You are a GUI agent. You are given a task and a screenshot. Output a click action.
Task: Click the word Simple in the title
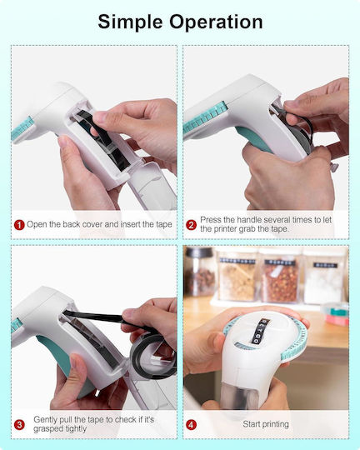point(130,22)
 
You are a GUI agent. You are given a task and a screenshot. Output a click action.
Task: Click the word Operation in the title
point(216,22)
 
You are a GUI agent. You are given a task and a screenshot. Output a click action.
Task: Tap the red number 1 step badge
point(19,225)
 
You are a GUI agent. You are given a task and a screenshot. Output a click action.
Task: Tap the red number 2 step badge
point(191,225)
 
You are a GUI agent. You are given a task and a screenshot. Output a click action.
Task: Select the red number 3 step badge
point(19,424)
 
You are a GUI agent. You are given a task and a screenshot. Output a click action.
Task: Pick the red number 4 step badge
point(191,424)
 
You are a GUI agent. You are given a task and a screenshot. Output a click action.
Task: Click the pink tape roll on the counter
point(337,320)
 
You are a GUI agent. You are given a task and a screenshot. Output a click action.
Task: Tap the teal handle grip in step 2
point(252,139)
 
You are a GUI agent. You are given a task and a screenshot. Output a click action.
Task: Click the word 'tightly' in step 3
point(73,429)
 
